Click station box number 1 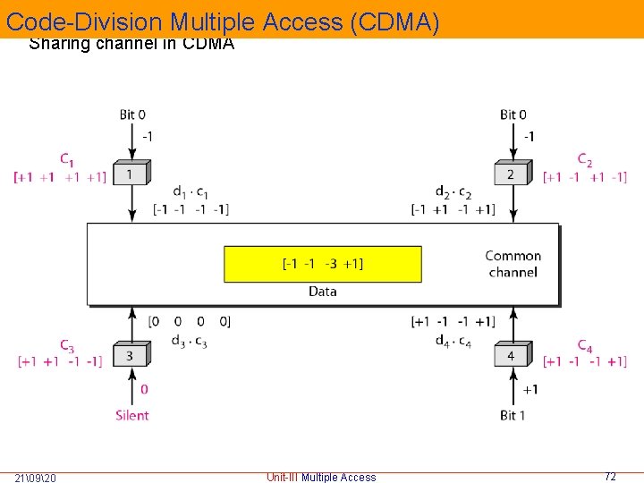tap(131, 174)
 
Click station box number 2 tap(511, 174)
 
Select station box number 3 tap(131, 355)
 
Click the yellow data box tap(322, 264)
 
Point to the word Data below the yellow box tap(322, 291)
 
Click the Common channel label tap(513, 264)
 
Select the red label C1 tap(67, 160)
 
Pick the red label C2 tap(585, 160)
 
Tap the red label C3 tap(67, 345)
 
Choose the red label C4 tap(585, 345)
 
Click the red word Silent tap(132, 415)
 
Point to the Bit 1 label tap(513, 415)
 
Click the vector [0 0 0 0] tap(190, 321)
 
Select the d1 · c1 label tap(191, 193)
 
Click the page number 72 tap(610, 477)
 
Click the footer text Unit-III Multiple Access tap(321, 477)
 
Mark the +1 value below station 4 tap(530, 389)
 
